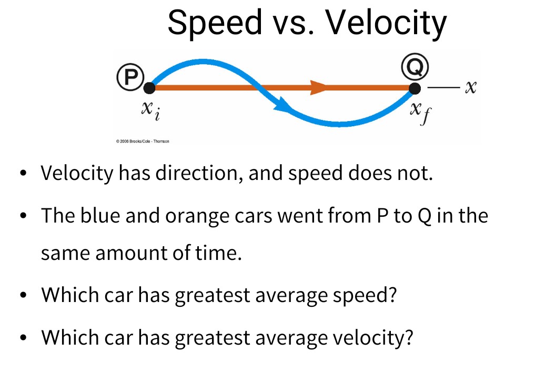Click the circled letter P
point(130,77)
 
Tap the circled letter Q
point(415,66)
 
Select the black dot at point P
point(149,88)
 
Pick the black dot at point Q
point(415,88)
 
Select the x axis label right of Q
point(470,87)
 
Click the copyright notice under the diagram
point(143,141)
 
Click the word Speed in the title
point(215,23)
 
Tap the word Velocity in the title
point(386,23)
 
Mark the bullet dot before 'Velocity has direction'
point(23,173)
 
